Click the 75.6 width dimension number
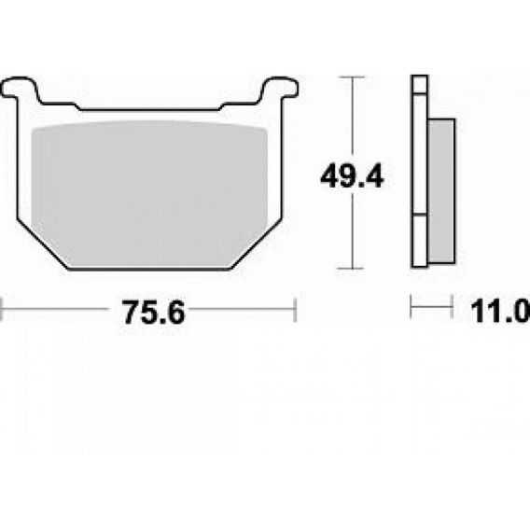click(x=154, y=313)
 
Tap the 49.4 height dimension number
click(x=352, y=176)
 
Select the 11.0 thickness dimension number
click(x=500, y=312)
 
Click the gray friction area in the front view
click(x=149, y=192)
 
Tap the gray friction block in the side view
click(x=441, y=191)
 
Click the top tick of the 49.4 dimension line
click(x=352, y=77)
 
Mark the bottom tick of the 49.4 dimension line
click(x=351, y=269)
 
